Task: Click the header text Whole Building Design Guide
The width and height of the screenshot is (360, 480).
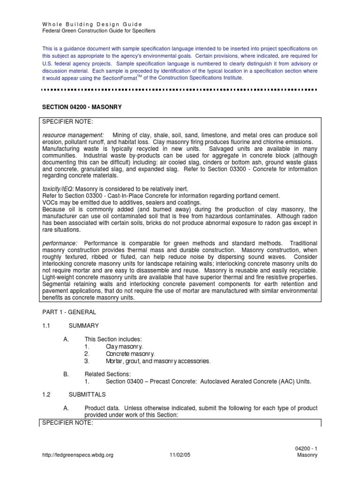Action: [x=92, y=24]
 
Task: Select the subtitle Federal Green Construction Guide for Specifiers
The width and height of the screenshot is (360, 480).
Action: [x=98, y=30]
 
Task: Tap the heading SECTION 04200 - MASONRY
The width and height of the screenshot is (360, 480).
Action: [x=82, y=107]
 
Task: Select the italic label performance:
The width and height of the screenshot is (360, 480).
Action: [x=60, y=243]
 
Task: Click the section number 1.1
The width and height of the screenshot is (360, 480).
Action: [x=46, y=325]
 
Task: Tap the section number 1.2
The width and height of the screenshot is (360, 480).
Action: [x=46, y=395]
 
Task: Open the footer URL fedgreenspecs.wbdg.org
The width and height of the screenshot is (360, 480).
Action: [x=77, y=455]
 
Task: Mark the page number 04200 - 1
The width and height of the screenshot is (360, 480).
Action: [x=307, y=449]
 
